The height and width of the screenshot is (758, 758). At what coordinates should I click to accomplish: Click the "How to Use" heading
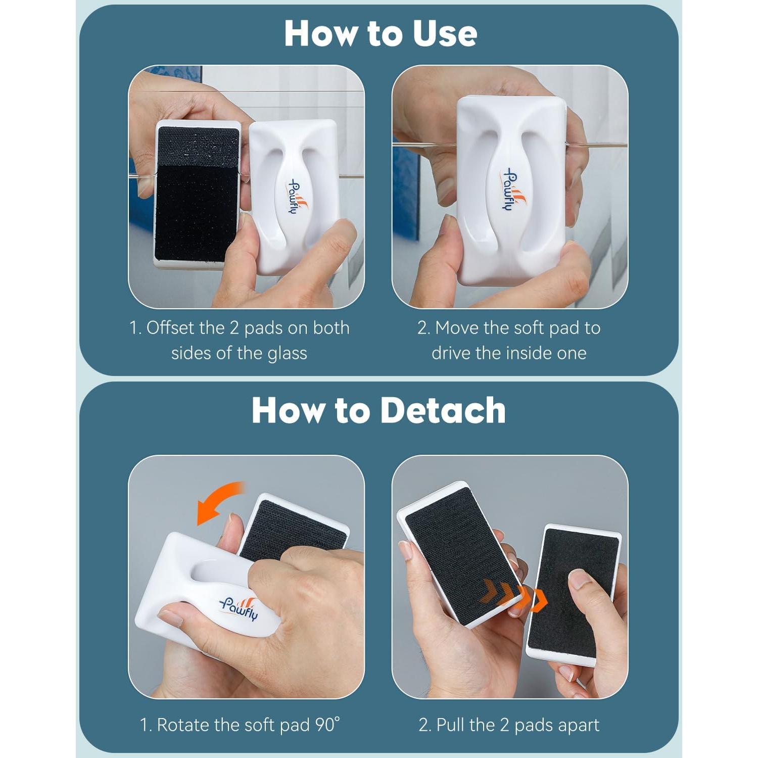tap(381, 33)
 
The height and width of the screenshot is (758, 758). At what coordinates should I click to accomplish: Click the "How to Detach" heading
tap(379, 410)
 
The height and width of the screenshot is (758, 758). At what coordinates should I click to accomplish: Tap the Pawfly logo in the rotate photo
tap(239, 607)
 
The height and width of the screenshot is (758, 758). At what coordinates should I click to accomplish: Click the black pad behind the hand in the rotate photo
tap(293, 526)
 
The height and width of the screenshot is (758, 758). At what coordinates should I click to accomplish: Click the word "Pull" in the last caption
tap(450, 725)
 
